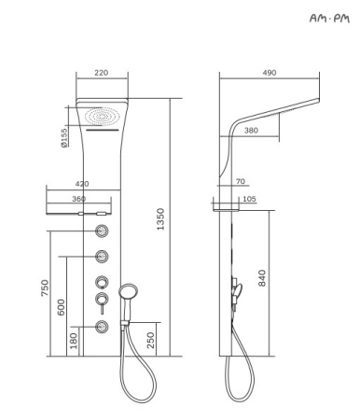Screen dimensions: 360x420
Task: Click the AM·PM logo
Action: coord(329,18)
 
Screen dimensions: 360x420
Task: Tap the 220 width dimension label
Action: coord(102,73)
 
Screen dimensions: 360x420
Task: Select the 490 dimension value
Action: coord(270,73)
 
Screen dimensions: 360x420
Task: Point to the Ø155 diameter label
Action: coord(64,137)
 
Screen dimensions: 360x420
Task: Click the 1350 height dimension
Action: coord(160,219)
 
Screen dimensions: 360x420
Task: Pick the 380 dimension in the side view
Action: coord(251,131)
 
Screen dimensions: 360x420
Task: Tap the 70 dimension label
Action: coord(241,181)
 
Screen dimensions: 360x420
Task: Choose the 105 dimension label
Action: coord(249,199)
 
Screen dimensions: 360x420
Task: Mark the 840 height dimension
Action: coord(262,278)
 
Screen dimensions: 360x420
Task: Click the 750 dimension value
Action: coord(45,288)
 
